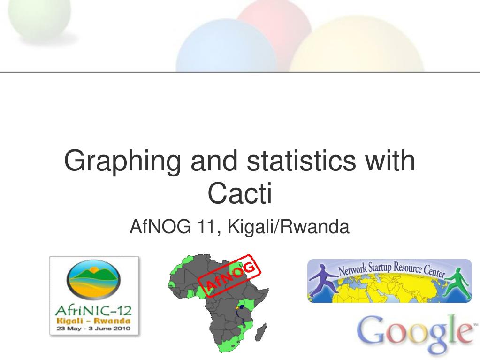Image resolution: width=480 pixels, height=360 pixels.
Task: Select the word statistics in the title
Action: click(301, 160)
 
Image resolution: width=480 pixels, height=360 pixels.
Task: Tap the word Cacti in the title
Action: click(240, 193)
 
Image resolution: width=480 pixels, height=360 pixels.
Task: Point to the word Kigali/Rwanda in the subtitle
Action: click(288, 227)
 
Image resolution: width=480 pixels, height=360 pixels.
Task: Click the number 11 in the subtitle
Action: click(206, 227)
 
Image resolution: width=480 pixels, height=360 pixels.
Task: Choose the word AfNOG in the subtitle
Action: click(160, 227)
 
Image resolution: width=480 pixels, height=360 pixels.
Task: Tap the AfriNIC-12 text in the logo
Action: click(93, 311)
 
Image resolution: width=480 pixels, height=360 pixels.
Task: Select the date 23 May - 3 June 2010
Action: click(93, 329)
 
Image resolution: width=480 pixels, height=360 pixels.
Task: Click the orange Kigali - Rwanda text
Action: click(93, 321)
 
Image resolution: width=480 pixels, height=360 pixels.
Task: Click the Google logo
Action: click(416, 334)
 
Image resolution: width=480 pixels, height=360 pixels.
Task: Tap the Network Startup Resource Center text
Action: click(391, 269)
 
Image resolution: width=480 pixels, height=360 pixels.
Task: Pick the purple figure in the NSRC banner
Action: click(322, 280)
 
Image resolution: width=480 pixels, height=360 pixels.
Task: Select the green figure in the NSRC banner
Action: click(457, 283)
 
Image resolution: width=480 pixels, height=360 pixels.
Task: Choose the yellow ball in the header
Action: click(357, 45)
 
